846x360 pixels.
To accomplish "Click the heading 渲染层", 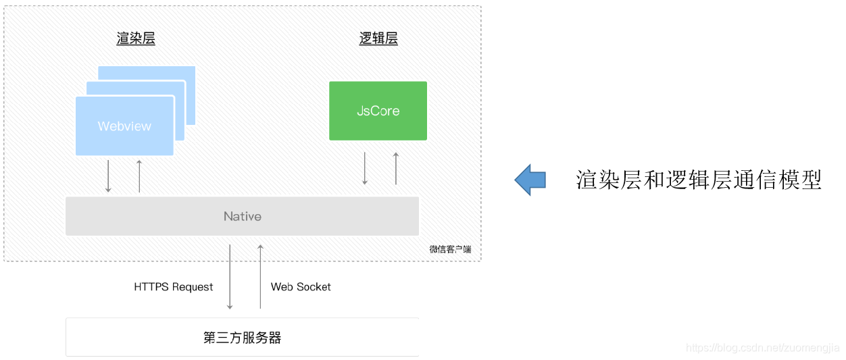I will (136, 38).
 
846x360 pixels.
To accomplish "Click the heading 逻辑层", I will (378, 38).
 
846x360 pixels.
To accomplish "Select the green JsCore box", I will (378, 111).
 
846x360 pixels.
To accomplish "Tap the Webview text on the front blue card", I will (124, 126).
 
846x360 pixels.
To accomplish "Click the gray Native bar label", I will (242, 216).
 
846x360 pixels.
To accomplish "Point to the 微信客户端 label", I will (450, 249).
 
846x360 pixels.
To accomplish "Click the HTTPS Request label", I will (174, 287).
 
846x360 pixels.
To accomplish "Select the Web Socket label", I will (301, 287).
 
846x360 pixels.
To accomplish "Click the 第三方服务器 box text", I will (242, 338).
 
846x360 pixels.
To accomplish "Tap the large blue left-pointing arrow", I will (530, 180).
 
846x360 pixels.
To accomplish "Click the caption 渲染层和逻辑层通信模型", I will (699, 180).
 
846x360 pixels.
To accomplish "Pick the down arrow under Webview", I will (108, 176).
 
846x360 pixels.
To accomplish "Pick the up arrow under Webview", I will (139, 176).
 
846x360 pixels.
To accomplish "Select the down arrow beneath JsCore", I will (365, 168).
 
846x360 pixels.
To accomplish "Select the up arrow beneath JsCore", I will (396, 168).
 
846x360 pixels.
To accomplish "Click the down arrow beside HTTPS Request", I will (230, 277).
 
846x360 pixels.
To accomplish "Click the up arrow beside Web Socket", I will (260, 277).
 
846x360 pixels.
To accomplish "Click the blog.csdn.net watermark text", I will (764, 348).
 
